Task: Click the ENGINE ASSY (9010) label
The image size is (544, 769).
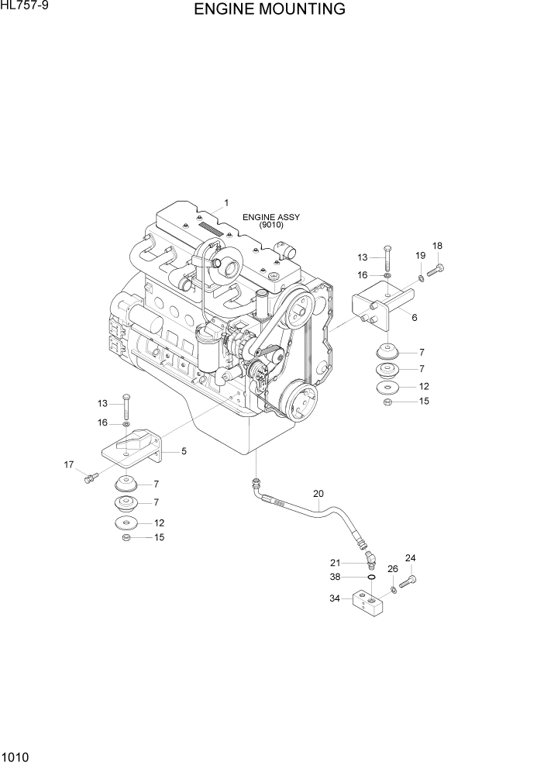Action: coord(270,221)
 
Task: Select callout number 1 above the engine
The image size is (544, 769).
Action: coord(226,203)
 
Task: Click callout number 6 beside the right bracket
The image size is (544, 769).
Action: coord(415,317)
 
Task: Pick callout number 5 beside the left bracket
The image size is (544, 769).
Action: coord(184,450)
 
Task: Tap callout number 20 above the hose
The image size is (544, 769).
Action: coord(318,493)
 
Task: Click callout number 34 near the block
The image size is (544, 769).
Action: coord(335,598)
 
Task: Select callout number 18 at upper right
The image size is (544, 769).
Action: coord(437,246)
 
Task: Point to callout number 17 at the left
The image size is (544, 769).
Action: coord(69,464)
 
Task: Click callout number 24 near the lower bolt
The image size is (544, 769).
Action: coord(410,558)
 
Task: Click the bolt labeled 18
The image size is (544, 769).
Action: coord(435,271)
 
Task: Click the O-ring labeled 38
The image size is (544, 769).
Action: coord(371,577)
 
